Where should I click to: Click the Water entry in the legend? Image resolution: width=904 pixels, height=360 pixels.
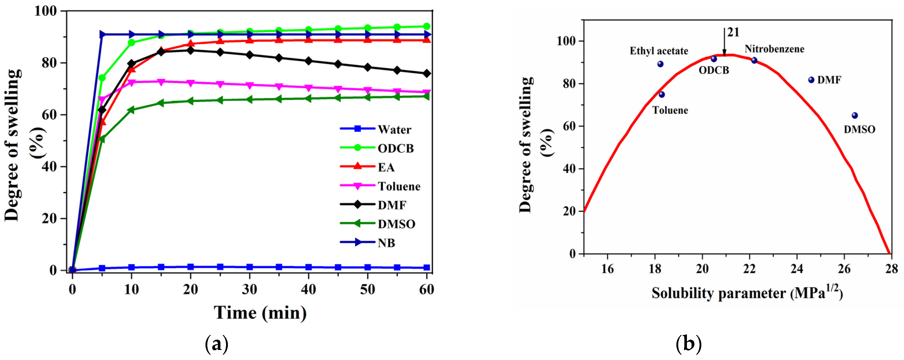[x=394, y=130]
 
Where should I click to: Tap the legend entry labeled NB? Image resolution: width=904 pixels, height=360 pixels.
[x=386, y=243]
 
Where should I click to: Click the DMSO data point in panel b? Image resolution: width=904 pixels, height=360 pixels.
[x=855, y=115]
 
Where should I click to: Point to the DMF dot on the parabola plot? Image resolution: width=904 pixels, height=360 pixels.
[x=811, y=80]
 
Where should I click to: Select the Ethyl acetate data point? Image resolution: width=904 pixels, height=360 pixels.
[x=660, y=64]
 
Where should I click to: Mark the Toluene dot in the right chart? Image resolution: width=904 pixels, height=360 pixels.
[x=661, y=94]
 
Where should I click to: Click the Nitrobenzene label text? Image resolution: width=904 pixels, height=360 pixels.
[x=774, y=49]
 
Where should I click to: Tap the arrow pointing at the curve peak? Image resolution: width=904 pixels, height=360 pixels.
[x=724, y=42]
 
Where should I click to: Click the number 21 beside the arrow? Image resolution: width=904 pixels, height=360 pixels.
[x=733, y=32]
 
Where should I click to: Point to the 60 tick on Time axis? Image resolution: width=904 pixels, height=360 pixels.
[x=427, y=290]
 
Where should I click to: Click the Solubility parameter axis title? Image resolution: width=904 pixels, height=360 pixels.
[x=747, y=293]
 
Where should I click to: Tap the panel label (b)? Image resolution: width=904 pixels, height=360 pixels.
[x=688, y=344]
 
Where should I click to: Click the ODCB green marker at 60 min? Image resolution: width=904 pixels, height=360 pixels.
[x=427, y=26]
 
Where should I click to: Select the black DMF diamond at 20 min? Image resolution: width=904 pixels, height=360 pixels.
[x=191, y=50]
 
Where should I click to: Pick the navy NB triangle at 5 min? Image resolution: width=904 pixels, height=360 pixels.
[x=102, y=34]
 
